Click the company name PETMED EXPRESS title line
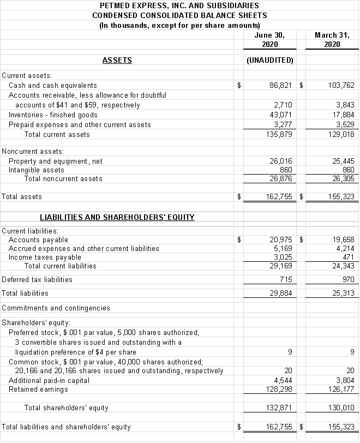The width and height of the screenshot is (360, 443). (x=179, y=5)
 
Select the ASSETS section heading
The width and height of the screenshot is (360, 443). (x=117, y=60)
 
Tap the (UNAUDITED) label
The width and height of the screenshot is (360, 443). (x=270, y=60)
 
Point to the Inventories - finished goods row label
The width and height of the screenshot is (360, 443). (x=53, y=115)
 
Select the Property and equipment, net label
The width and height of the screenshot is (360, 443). (x=56, y=161)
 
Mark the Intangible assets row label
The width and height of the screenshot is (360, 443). (x=36, y=170)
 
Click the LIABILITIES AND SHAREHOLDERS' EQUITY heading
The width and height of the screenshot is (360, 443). (x=117, y=217)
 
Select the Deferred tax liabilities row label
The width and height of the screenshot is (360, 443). (x=37, y=279)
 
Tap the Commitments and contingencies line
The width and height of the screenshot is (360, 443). (x=56, y=308)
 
